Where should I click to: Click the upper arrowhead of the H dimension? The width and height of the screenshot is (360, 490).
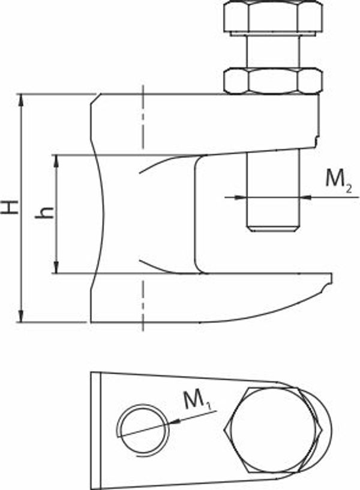click(21, 100)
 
